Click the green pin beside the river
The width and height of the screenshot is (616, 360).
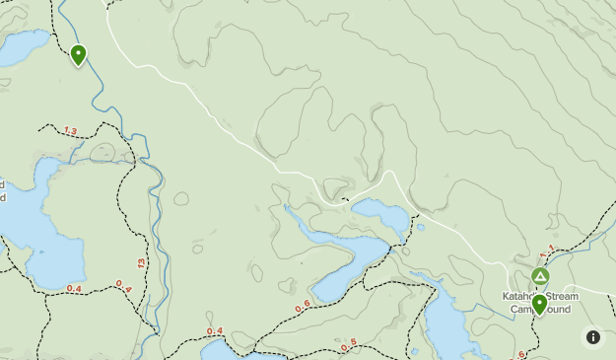(78, 54)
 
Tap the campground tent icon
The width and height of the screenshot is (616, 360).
(540, 276)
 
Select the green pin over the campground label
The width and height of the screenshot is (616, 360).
(539, 304)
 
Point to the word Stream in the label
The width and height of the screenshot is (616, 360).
(564, 296)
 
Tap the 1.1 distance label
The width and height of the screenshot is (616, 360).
(548, 251)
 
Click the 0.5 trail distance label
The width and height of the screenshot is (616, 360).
(348, 346)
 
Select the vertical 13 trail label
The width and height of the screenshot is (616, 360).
(142, 263)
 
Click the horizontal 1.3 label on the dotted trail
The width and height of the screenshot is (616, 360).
(70, 130)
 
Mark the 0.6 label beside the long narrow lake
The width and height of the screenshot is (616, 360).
(302, 306)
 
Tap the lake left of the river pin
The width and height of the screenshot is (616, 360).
(22, 46)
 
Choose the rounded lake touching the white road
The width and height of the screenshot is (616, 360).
(380, 215)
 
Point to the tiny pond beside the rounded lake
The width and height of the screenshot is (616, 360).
(421, 228)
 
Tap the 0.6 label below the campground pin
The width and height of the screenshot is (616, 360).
(519, 354)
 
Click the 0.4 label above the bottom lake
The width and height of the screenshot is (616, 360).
(215, 330)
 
